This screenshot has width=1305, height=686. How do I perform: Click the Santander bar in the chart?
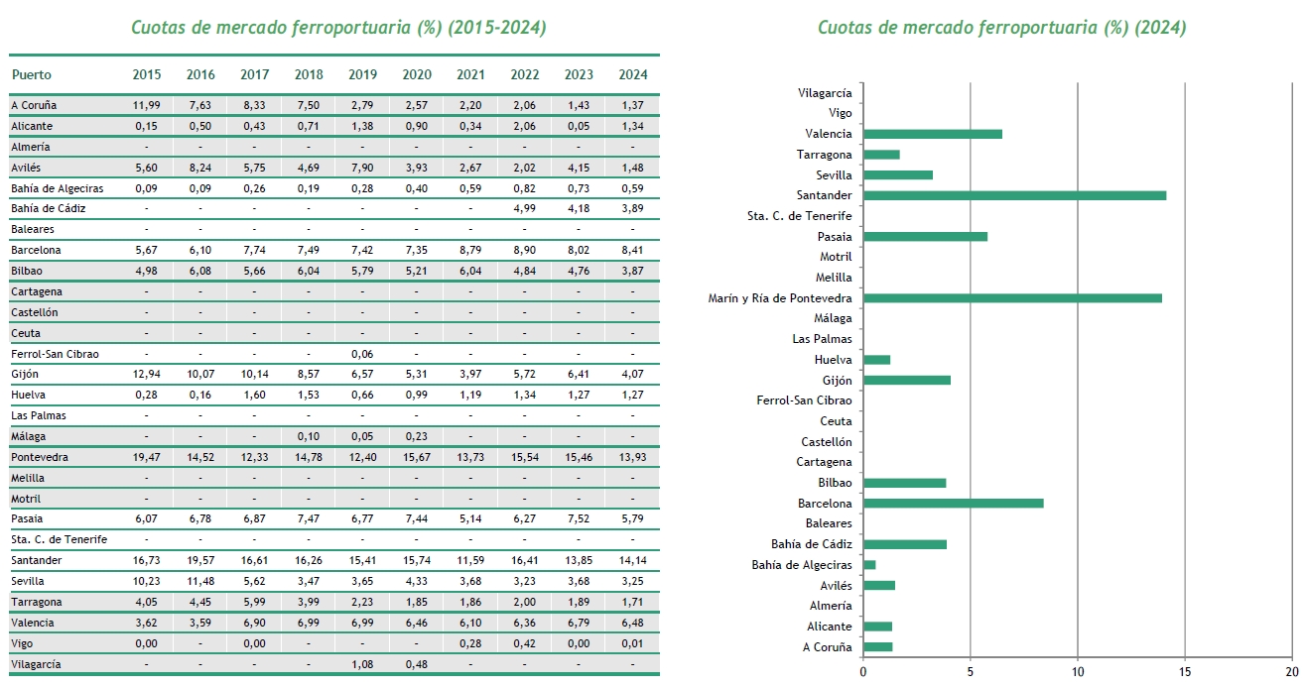(x=1014, y=195)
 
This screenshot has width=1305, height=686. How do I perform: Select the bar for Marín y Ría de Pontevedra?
(x=1012, y=297)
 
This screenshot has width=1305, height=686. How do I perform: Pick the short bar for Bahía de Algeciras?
(x=869, y=564)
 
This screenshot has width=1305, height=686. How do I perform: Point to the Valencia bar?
(x=933, y=134)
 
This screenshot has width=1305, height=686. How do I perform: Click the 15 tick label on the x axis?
(x=1184, y=671)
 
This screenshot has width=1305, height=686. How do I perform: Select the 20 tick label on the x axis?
(x=1290, y=671)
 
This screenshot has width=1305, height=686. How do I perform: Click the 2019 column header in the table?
(x=362, y=74)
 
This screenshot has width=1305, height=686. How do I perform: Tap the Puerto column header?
(x=32, y=74)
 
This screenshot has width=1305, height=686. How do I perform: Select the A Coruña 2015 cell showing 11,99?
(x=146, y=105)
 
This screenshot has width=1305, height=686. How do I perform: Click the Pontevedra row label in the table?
(x=40, y=457)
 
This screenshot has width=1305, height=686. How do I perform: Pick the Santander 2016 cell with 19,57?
(x=200, y=560)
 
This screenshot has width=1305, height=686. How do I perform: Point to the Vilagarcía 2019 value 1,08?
(x=362, y=663)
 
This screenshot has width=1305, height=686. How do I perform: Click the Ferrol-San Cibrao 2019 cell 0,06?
(x=362, y=354)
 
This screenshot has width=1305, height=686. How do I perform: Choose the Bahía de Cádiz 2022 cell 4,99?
(x=524, y=208)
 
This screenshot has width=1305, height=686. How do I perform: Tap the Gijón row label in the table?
(x=27, y=374)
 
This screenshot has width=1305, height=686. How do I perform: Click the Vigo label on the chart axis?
(x=840, y=113)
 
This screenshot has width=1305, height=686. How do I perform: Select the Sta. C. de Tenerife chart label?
(x=799, y=216)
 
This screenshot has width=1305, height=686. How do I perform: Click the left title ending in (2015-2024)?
(x=338, y=27)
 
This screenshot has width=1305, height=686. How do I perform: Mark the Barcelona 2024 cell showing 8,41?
(x=632, y=250)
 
